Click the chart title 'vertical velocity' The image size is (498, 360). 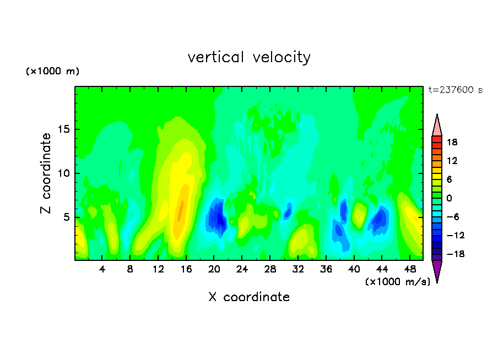pyautogui.click(x=249, y=58)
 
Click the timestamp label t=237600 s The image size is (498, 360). pyautogui.click(x=456, y=90)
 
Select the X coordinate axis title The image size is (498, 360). pyautogui.click(x=249, y=297)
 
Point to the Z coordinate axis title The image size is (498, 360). pyautogui.click(x=46, y=173)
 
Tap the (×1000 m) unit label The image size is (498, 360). pyautogui.click(x=52, y=71)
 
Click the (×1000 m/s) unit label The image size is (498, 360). pyautogui.click(x=398, y=281)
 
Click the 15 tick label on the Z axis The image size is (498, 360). pyautogui.click(x=63, y=129)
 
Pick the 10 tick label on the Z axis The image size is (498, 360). pyautogui.click(x=63, y=173)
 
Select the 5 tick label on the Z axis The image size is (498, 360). pyautogui.click(x=66, y=217)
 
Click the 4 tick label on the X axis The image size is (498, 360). pyautogui.click(x=102, y=269)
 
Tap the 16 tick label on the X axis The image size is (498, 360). pyautogui.click(x=186, y=269)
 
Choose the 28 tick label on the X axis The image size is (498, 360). pyautogui.click(x=270, y=269)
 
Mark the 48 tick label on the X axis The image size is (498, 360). pyautogui.click(x=410, y=269)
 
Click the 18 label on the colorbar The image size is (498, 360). pyautogui.click(x=452, y=142)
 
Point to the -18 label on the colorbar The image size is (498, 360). pyautogui.click(x=455, y=254)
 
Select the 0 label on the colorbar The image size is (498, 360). pyautogui.click(x=449, y=198)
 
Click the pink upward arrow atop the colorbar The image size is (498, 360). pyautogui.click(x=437, y=125)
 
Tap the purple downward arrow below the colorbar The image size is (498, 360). pyautogui.click(x=437, y=271)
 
